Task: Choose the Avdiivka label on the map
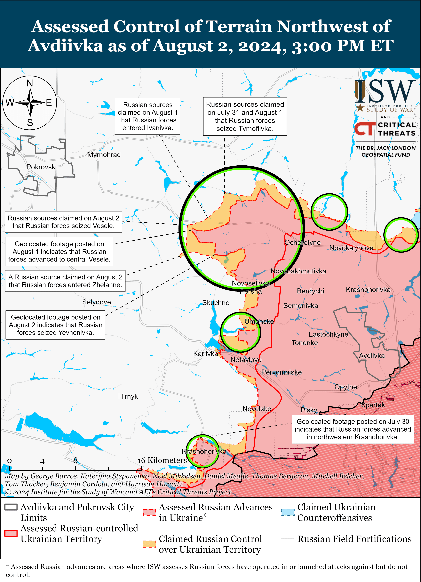[372, 356]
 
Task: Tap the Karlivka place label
[205, 354]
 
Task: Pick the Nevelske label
[257, 409]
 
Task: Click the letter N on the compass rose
[30, 83]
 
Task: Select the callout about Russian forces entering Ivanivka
[147, 116]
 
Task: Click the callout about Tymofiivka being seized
[245, 116]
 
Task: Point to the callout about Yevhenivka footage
[56, 325]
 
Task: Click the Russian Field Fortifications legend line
[288, 539]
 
